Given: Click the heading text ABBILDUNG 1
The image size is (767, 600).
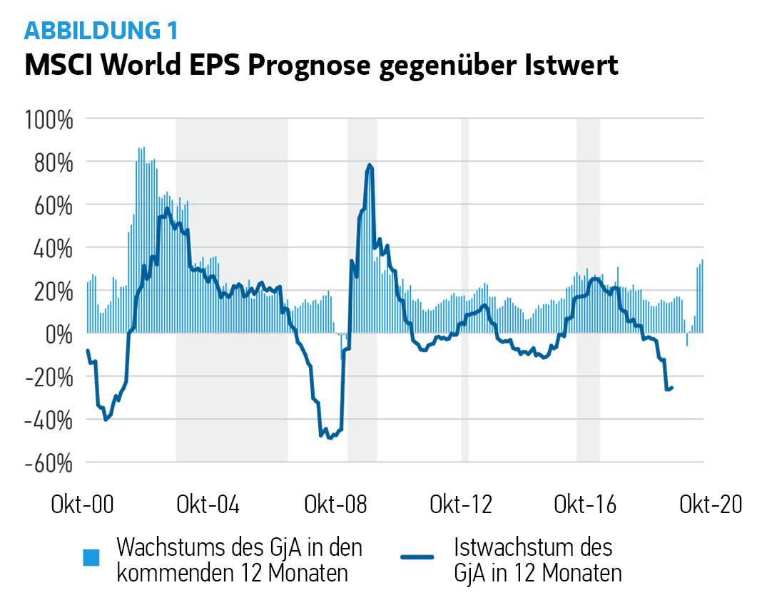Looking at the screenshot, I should (x=101, y=31).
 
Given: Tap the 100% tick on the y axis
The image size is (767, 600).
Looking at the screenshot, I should (x=49, y=119).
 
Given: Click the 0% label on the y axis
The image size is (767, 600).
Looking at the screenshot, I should (x=59, y=333).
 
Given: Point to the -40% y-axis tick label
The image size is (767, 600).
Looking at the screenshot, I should (x=49, y=420).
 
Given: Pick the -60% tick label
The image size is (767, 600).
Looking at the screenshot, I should (x=49, y=462).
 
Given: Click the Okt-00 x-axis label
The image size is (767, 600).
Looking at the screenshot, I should (x=83, y=505).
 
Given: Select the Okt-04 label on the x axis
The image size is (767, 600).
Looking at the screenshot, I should (x=208, y=505).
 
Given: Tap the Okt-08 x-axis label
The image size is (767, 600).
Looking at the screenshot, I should (x=335, y=505).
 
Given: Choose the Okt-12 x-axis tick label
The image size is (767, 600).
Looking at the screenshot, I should (x=461, y=505).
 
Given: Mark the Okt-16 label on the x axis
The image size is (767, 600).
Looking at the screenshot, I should (x=585, y=505).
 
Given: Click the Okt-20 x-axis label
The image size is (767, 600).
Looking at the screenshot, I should (x=711, y=505).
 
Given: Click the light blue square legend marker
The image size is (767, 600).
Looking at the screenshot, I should (x=91, y=557).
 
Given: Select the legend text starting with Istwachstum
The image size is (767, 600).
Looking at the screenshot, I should (x=537, y=560).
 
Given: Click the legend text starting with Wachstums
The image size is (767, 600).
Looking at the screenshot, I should (x=239, y=560).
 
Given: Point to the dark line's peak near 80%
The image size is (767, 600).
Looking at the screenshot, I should (x=370, y=165).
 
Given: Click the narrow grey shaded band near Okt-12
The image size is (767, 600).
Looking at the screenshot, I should (x=465, y=285).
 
